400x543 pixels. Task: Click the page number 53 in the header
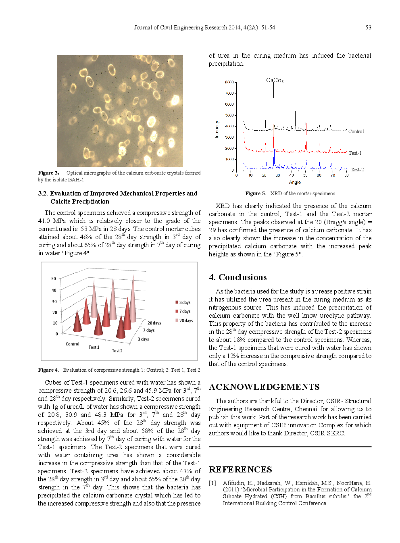(x=368, y=27)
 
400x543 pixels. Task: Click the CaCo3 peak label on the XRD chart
(x=275, y=80)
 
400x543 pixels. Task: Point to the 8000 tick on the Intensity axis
(x=229, y=82)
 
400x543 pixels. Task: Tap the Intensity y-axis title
(x=217, y=129)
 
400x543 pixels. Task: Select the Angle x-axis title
(x=295, y=182)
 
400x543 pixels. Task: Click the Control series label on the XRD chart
(x=356, y=131)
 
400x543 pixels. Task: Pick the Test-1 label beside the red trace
(x=355, y=153)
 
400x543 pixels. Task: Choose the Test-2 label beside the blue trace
(x=357, y=170)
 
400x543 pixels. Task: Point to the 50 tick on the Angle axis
(x=305, y=175)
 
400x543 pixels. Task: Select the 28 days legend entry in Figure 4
(x=185, y=320)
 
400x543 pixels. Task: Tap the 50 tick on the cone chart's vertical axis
(x=54, y=279)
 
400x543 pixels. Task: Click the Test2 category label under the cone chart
(x=117, y=351)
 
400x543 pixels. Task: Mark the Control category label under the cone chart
(x=73, y=344)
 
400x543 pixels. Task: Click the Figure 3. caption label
(x=49, y=173)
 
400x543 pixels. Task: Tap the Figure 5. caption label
(x=255, y=193)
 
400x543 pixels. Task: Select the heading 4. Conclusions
(x=237, y=277)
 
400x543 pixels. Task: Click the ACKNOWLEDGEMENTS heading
(x=264, y=387)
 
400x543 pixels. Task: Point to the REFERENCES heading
(x=240, y=470)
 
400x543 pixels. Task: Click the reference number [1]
(x=212, y=483)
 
